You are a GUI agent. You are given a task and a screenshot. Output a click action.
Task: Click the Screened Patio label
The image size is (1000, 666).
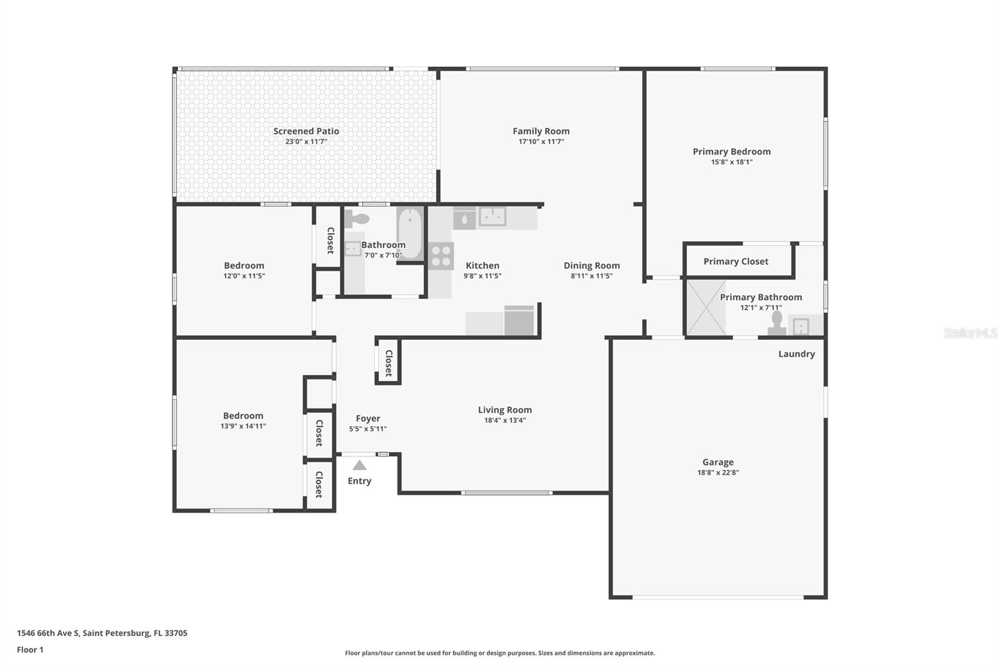click(x=306, y=131)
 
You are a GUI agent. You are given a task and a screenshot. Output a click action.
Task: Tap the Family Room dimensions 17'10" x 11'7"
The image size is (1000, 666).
click(x=541, y=142)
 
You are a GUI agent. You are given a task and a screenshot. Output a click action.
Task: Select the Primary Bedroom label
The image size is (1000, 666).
click(x=731, y=151)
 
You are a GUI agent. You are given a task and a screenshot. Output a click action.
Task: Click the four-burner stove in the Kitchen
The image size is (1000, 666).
click(x=441, y=256)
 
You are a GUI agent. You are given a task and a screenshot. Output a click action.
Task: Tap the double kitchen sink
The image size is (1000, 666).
click(x=492, y=217)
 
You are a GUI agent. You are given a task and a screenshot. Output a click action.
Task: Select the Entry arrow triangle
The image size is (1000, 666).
click(x=359, y=465)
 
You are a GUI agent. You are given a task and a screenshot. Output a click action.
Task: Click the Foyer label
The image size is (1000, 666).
click(x=367, y=419)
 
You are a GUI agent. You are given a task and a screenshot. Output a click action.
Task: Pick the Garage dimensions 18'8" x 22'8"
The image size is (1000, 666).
click(x=717, y=473)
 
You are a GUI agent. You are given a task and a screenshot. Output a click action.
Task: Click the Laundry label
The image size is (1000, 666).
click(x=796, y=354)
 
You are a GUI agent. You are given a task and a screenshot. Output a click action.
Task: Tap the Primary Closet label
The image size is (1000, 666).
click(x=736, y=261)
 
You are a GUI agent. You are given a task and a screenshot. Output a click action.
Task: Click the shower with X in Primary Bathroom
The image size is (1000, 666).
click(x=706, y=308)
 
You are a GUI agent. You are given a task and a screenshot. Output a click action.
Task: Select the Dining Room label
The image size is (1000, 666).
click(x=591, y=266)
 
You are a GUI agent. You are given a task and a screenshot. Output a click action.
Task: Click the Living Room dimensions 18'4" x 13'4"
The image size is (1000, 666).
click(x=504, y=420)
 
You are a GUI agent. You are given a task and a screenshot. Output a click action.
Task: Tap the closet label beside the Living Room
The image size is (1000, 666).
click(x=388, y=362)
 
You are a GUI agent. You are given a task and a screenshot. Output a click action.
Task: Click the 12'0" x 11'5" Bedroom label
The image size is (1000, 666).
click(x=244, y=266)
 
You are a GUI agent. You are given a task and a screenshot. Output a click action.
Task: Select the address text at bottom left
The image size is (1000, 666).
click(x=102, y=633)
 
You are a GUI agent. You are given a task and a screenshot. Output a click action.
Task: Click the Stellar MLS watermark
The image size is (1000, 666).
click(x=970, y=333)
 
